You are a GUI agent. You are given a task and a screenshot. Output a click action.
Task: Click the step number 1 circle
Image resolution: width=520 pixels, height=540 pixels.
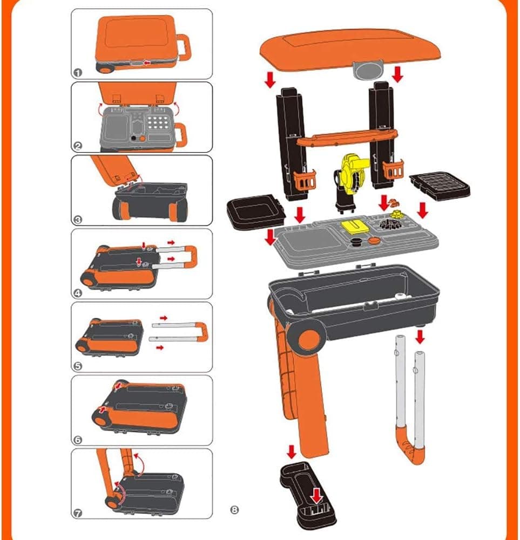coord(78,73)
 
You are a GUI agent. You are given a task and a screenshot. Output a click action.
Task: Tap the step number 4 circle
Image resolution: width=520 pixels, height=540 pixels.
coord(78,293)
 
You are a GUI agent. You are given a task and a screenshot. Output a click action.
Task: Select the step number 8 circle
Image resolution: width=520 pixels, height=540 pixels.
coord(234,509)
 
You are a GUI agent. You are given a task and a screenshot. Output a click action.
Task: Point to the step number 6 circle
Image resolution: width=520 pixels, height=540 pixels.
coord(78,440)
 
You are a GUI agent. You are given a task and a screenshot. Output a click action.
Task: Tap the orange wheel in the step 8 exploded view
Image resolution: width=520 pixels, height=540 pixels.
coord(309,341)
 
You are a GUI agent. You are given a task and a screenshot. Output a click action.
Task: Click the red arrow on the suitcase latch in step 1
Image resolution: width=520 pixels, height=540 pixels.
coord(147,63)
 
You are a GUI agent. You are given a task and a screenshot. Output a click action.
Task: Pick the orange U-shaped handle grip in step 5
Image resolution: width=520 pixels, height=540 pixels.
coord(202,331)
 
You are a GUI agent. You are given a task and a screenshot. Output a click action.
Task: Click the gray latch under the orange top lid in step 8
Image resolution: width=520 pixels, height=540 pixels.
coord(368,70)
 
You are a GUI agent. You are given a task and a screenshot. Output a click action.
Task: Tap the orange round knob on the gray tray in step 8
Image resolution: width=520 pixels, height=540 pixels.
coord(374,240)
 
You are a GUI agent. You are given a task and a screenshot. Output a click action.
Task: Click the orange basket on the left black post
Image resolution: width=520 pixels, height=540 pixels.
coord(304,180)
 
